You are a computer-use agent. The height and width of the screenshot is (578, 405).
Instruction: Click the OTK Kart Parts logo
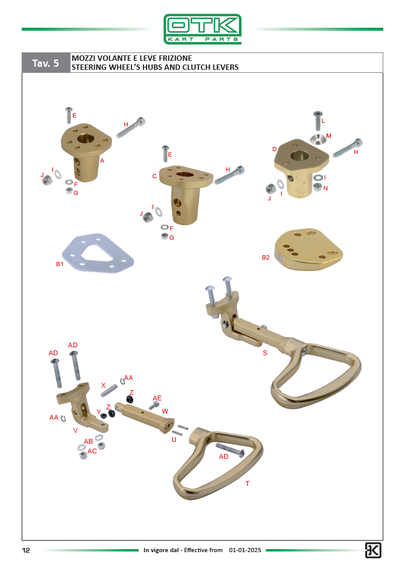point(202,29)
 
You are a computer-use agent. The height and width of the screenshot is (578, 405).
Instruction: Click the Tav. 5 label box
point(46,63)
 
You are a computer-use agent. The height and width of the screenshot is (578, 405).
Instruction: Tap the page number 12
point(26,550)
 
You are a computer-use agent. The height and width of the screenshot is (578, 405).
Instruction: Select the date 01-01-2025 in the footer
point(245,550)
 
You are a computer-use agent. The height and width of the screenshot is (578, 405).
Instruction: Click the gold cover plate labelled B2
point(309,250)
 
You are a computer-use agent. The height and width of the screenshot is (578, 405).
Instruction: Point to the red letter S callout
point(265,353)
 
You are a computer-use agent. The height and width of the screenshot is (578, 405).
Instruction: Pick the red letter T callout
point(247,483)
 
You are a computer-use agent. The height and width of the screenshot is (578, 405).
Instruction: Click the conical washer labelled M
point(317,139)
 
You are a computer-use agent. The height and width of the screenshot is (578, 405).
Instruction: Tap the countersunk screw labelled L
point(318,120)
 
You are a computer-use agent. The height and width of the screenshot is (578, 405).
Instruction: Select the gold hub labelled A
point(86,151)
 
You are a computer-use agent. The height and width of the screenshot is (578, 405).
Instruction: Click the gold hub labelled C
point(186,193)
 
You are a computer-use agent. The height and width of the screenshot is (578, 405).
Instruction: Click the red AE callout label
point(157,398)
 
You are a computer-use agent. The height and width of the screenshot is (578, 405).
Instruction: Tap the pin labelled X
point(109,391)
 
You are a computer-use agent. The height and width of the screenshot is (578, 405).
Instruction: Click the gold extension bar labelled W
point(144,417)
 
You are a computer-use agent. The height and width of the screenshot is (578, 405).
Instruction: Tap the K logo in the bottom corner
point(373,550)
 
